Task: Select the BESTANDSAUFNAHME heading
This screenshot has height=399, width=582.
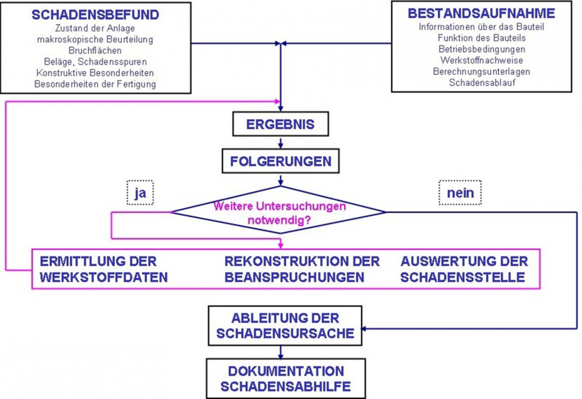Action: pos(481,13)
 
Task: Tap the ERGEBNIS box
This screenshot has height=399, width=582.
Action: pos(280,125)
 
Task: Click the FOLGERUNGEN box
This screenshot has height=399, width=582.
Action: pos(280,162)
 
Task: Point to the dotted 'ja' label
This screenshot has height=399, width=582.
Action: pos(140,193)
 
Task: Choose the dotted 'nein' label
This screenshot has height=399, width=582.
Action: pos(460,193)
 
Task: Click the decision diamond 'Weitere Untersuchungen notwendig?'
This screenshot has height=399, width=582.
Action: pos(280,212)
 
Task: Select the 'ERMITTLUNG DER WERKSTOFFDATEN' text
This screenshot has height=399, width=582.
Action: pos(103,269)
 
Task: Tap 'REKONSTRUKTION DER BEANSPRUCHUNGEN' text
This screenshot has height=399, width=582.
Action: pos(302,269)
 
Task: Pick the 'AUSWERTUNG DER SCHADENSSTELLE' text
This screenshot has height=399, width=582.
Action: pos(464,269)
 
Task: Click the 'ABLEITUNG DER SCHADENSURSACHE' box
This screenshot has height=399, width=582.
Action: pos(285,326)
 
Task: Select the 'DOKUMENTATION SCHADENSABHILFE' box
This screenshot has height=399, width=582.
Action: pos(285,378)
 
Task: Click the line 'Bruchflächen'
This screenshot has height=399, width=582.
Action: pos(95,51)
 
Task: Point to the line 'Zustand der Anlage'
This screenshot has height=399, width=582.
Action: pos(95,28)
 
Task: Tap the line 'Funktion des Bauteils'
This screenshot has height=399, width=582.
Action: pos(481,38)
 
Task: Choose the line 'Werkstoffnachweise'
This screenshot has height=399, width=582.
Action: pos(481,60)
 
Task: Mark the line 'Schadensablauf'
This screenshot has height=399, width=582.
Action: pos(481,83)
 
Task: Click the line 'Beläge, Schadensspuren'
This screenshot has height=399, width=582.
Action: pos(95,62)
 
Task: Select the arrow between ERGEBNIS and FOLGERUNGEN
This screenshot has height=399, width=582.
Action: pos(280,142)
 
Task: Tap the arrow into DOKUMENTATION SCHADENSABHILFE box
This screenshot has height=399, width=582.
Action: pos(280,353)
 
